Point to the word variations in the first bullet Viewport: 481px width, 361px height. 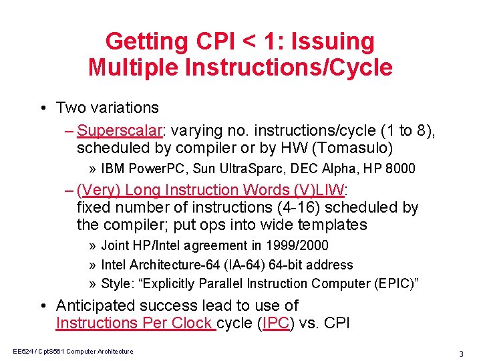point(126,108)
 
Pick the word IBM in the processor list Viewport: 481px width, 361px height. point(113,168)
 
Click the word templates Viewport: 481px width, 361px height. point(330,225)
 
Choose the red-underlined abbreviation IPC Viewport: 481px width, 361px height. point(276,323)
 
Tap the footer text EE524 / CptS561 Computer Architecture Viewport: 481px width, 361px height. point(73,352)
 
